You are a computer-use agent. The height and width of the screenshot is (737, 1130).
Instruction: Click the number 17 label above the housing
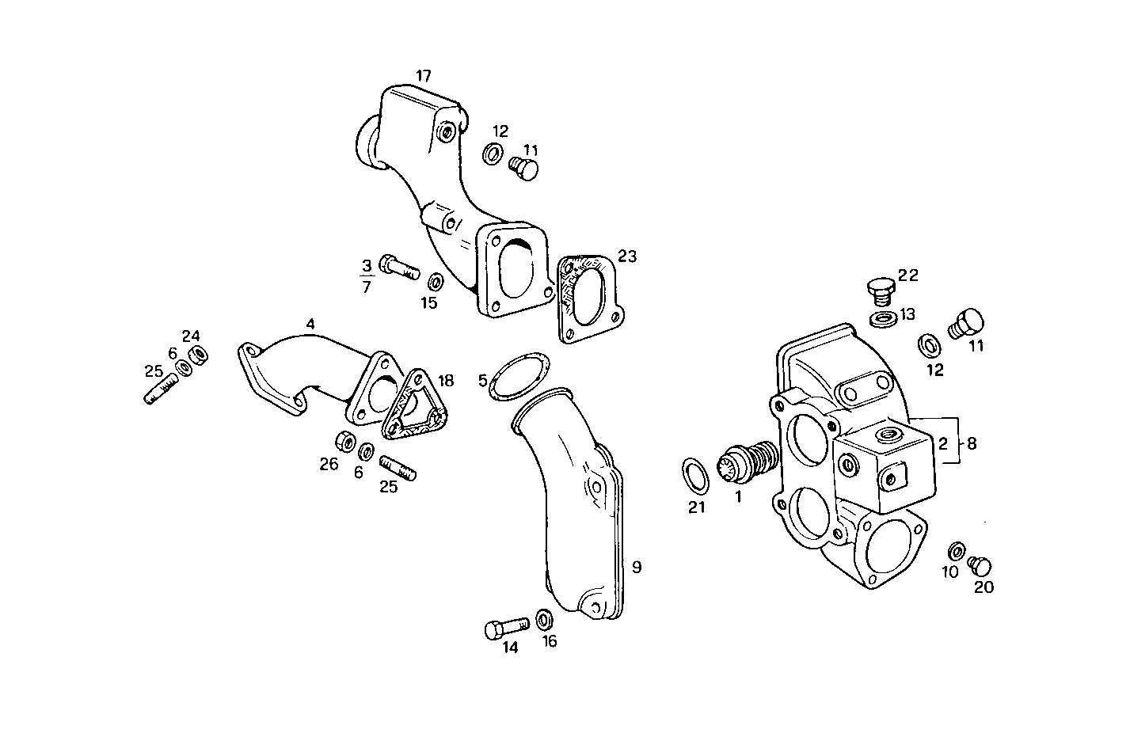[x=424, y=76]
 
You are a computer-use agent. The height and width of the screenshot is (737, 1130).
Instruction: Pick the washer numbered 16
[x=545, y=619]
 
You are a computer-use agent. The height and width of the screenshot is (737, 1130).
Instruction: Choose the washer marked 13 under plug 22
[x=882, y=320]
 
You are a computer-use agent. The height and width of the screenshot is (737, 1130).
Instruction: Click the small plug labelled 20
[x=981, y=566]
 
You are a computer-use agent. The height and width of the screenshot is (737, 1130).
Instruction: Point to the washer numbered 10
[x=957, y=550]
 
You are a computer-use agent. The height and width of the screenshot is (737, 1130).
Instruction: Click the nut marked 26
[x=344, y=441]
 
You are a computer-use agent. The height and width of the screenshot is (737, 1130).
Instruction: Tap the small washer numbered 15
[x=435, y=282]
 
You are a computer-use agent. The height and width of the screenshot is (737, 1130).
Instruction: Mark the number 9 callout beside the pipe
[x=637, y=567]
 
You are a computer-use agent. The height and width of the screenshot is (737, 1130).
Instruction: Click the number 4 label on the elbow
[x=310, y=324]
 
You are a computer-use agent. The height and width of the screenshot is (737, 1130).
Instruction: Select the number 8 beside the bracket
[x=972, y=443]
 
